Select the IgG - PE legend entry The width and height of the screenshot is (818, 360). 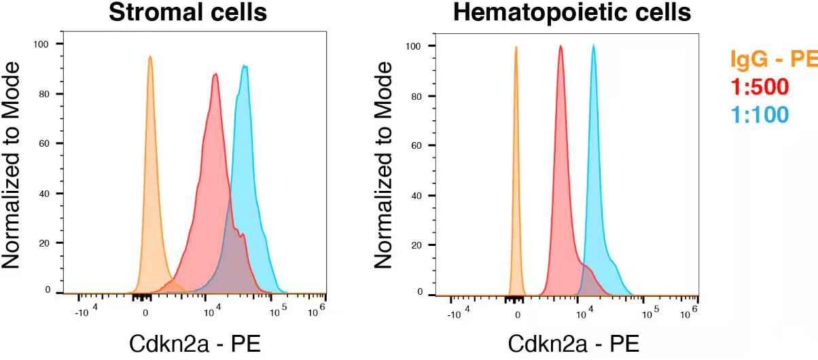(x=773, y=60)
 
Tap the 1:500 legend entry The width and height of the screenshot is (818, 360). (x=760, y=87)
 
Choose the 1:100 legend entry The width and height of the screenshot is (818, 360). (x=760, y=114)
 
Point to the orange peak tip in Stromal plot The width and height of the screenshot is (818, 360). (x=149, y=57)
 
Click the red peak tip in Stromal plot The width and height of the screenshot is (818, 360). (x=215, y=74)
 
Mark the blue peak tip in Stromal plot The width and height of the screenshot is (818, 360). (x=245, y=67)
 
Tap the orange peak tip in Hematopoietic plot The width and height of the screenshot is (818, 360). (x=516, y=47)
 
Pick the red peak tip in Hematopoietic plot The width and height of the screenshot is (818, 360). (x=561, y=46)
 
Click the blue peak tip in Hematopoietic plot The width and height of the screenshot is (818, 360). (x=593, y=46)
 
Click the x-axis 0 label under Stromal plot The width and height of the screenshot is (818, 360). (x=145, y=314)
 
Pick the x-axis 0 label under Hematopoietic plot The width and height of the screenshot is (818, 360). (x=518, y=314)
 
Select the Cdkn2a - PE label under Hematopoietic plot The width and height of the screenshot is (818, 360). (x=573, y=344)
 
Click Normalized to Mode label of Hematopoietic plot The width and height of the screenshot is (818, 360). (x=383, y=166)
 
